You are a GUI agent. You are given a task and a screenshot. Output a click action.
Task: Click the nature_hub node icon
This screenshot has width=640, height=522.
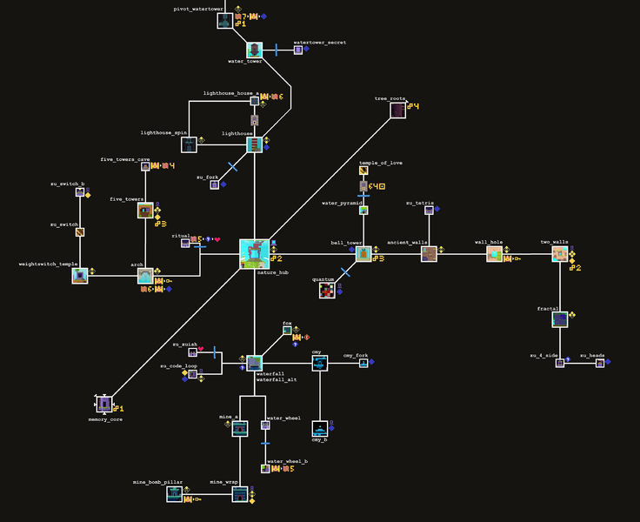click(254, 253)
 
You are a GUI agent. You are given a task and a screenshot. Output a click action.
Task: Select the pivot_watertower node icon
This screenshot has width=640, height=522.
click(225, 20)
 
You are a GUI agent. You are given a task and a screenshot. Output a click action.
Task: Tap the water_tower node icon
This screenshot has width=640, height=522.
click(254, 50)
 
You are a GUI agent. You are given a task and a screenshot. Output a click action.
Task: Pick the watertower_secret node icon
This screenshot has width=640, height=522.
click(298, 50)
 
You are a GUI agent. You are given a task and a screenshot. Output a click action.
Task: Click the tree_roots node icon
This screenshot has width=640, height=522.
click(397, 110)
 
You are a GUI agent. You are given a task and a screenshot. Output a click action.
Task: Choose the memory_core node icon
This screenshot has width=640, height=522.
click(104, 404)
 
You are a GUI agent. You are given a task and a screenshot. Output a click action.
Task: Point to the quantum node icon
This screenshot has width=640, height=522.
click(327, 291)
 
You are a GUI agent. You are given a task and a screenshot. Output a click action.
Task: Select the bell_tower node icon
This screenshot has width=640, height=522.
click(363, 253)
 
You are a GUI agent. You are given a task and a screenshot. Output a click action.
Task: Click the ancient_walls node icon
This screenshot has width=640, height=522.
click(429, 253)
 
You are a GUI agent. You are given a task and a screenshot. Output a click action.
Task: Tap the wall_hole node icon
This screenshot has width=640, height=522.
click(494, 253)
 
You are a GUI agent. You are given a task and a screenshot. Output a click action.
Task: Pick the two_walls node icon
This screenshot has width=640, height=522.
click(560, 253)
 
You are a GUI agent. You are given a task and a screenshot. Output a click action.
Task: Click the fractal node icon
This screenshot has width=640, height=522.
click(560, 319)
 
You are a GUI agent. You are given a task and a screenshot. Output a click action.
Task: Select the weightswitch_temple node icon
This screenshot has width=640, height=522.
click(80, 276)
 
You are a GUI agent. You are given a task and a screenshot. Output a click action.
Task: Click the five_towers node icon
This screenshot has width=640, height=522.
click(145, 210)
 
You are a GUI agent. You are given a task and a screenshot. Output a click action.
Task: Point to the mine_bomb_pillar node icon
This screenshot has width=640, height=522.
click(175, 493)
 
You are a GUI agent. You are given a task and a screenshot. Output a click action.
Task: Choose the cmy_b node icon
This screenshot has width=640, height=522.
click(320, 429)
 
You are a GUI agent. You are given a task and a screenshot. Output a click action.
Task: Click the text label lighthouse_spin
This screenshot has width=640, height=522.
click(163, 132)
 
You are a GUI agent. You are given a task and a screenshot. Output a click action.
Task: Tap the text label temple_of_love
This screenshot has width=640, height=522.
click(380, 163)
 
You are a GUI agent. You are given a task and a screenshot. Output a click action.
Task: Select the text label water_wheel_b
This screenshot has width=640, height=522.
click(287, 461)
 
